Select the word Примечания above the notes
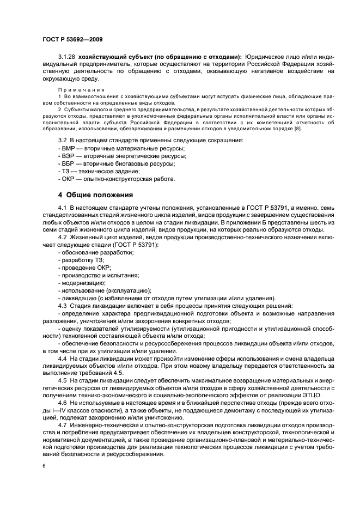point(73,89)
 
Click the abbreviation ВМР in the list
point(69,148)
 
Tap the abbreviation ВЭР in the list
point(69,156)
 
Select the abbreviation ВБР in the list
point(69,163)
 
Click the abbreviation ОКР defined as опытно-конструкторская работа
point(69,179)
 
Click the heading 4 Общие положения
point(95,195)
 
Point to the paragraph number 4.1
point(63,208)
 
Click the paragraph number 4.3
point(63,305)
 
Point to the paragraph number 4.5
point(63,380)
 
